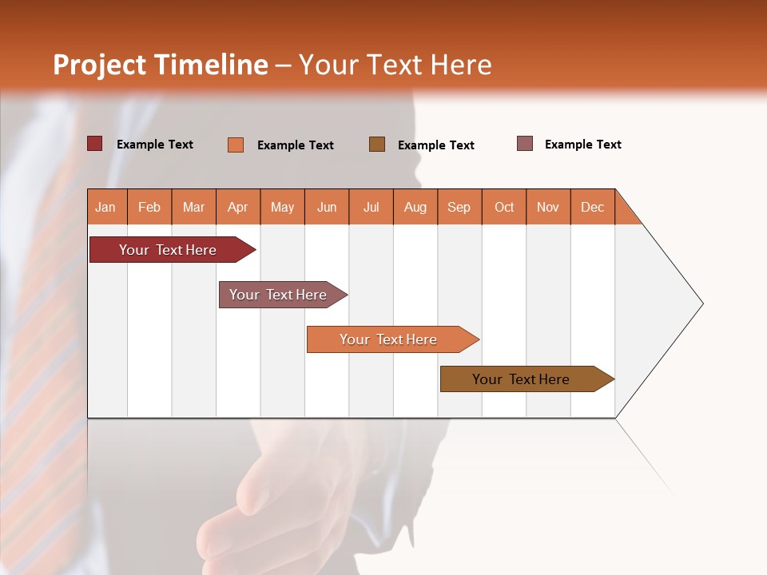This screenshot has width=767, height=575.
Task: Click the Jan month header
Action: (105, 207)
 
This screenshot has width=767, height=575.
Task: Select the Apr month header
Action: (237, 207)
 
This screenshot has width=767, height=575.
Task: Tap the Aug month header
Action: (415, 207)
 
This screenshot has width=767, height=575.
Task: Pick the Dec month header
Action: (592, 207)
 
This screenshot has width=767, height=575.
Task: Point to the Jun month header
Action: (326, 207)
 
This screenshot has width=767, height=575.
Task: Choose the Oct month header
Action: (503, 207)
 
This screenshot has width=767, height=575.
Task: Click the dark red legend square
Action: (94, 144)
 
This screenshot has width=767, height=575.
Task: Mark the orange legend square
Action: (235, 145)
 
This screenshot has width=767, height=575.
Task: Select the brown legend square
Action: (376, 145)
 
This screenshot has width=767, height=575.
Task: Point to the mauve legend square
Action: (524, 144)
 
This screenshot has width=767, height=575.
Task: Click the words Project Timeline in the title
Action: (161, 65)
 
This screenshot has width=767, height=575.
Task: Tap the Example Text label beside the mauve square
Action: (582, 145)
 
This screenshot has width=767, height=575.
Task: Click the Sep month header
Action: (459, 207)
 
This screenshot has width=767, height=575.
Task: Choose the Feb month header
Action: (149, 207)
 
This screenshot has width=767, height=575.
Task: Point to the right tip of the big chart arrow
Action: (701, 303)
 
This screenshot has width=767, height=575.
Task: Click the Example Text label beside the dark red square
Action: (154, 145)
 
